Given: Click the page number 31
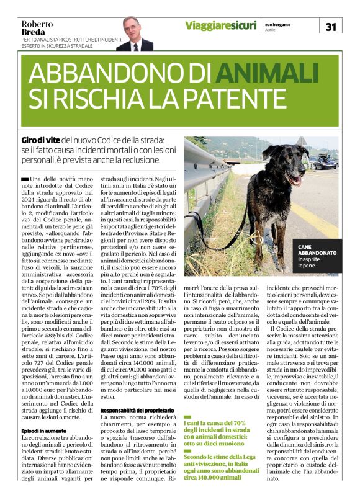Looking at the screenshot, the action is pos(330,27).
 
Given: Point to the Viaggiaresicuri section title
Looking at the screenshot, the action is pos(220,25).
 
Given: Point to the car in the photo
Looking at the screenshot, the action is pos(325,163).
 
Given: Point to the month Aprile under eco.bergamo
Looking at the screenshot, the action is pos(271,30).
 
